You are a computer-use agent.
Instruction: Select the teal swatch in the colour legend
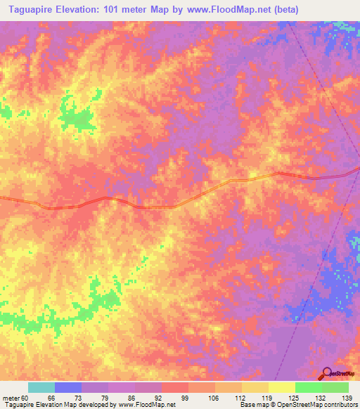(x=41, y=387)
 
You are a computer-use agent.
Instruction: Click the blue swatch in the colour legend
(x=67, y=387)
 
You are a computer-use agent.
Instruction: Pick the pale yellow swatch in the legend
(x=281, y=387)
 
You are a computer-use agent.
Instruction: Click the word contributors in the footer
(x=340, y=405)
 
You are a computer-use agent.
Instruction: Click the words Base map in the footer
(x=253, y=405)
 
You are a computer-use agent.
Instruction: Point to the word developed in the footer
(x=94, y=405)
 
